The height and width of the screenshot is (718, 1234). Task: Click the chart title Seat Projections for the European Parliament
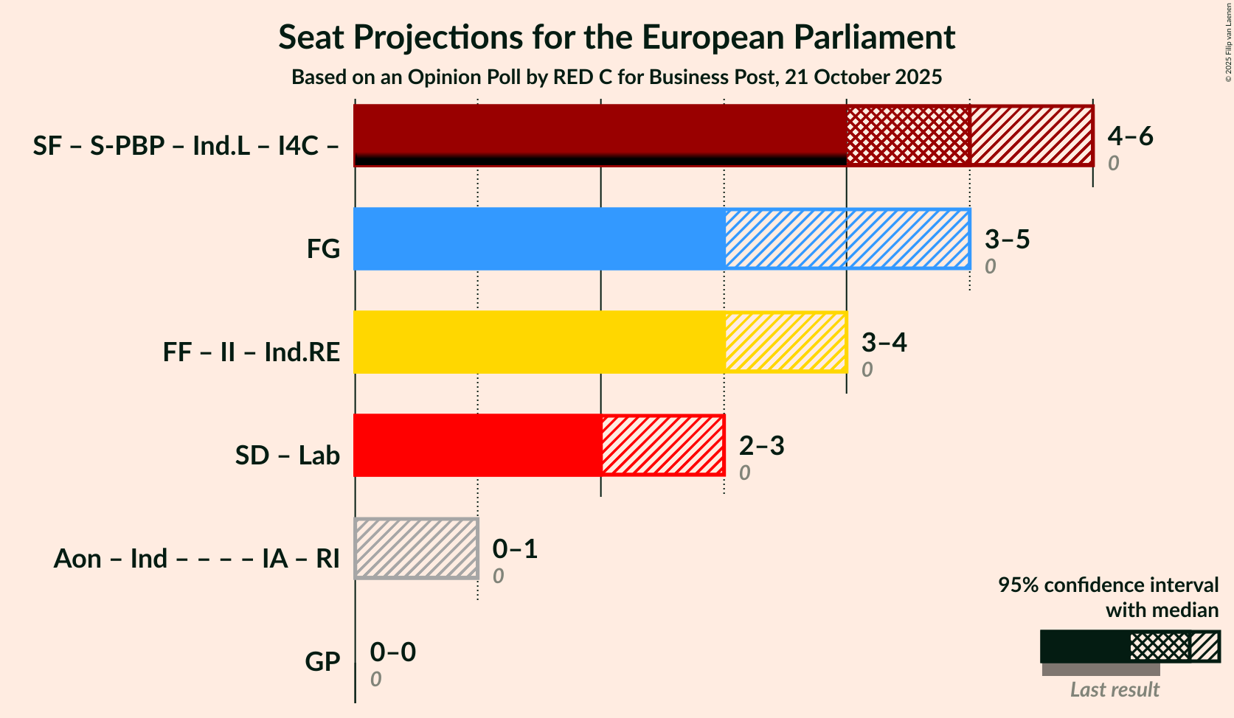tap(617, 38)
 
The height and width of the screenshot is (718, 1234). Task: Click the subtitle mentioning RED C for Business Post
tap(617, 77)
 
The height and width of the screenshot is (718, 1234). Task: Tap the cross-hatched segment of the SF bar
tap(908, 136)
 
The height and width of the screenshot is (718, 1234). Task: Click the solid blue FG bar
tap(539, 239)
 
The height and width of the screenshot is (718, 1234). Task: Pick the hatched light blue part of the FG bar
tap(847, 239)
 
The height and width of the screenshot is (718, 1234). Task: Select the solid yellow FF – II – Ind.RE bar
tap(539, 342)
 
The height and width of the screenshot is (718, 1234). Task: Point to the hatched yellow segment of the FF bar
tap(786, 342)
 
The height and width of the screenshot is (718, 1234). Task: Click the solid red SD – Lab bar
tap(478, 445)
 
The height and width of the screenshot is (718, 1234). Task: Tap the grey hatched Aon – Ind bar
tap(417, 548)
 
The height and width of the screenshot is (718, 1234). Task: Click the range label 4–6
tap(1130, 136)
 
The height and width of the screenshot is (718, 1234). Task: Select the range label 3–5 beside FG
tap(1007, 239)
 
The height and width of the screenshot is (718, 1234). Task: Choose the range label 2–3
tap(761, 445)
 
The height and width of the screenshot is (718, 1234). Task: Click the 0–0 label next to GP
tap(392, 652)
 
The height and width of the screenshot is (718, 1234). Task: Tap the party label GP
tap(322, 662)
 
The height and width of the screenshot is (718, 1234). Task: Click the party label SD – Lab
tap(288, 456)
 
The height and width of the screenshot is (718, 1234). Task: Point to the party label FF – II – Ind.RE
tap(252, 352)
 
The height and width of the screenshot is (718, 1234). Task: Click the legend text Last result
tap(1115, 690)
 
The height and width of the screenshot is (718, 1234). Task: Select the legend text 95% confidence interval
tap(1108, 585)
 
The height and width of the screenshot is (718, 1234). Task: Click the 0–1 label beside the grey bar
tap(515, 548)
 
